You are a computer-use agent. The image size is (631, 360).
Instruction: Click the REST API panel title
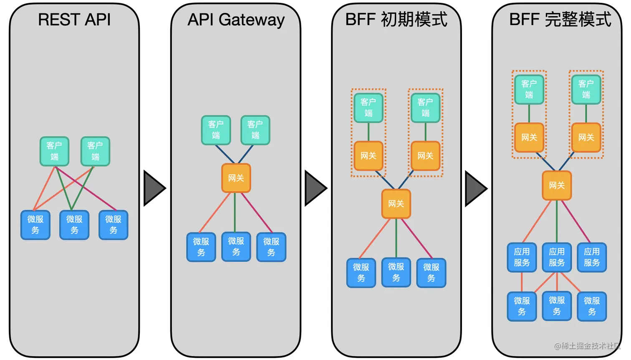click(74, 20)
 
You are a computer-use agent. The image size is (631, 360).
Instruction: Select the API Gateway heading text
click(236, 20)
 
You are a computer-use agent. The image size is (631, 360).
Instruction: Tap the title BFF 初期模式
click(396, 20)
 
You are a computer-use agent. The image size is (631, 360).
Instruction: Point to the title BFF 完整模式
click(560, 20)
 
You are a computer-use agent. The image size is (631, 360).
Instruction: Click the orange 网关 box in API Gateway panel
click(236, 178)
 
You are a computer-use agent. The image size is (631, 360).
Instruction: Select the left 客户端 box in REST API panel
click(54, 151)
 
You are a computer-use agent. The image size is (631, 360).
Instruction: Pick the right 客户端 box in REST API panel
click(95, 151)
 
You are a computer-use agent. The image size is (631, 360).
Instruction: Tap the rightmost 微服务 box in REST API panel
click(113, 225)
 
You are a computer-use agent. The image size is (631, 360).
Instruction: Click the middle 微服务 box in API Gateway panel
click(236, 247)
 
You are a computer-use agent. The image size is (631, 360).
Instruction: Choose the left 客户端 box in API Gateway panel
click(216, 130)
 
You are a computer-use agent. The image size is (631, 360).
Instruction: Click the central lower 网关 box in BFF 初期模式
click(396, 204)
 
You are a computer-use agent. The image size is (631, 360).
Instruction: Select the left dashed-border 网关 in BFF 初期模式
click(368, 156)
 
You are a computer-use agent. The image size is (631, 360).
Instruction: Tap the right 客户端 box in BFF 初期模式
click(425, 108)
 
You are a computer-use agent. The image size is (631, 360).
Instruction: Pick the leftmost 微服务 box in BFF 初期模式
click(361, 273)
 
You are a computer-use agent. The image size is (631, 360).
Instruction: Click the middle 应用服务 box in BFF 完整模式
click(557, 257)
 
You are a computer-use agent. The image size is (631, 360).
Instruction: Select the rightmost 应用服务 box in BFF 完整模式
click(592, 257)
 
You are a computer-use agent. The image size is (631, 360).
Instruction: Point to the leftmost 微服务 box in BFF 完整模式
click(522, 306)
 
